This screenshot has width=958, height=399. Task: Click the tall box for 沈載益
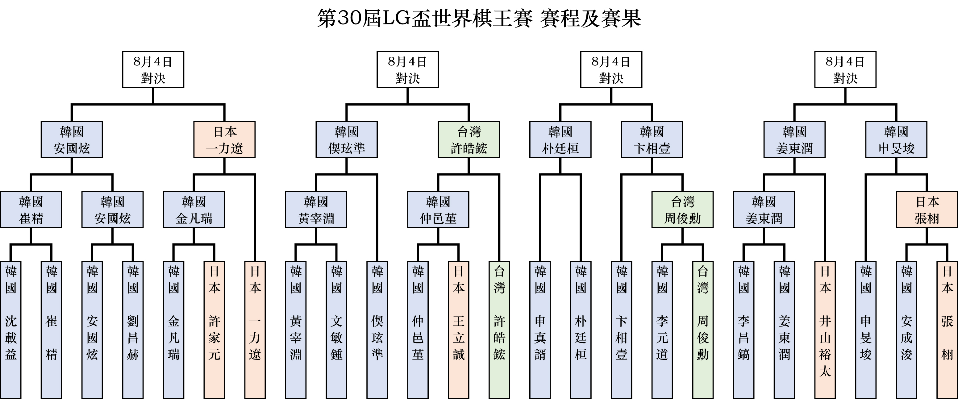(11, 330)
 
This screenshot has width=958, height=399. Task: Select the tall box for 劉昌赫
(133, 330)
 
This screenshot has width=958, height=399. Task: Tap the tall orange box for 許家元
(214, 330)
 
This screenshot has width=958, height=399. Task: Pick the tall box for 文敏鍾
(336, 330)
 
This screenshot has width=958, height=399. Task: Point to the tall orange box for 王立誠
(459, 330)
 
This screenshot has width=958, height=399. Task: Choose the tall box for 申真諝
(540, 330)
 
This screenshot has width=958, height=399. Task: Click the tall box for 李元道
(662, 330)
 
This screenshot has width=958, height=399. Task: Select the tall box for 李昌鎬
(743, 330)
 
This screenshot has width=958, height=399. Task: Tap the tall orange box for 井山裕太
(825, 330)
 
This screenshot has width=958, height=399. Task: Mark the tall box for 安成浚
(906, 330)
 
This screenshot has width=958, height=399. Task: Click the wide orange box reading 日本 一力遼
(224, 139)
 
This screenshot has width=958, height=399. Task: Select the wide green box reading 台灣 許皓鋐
(469, 139)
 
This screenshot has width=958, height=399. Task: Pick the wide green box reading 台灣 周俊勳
(682, 209)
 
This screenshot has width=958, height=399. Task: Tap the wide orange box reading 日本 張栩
(927, 209)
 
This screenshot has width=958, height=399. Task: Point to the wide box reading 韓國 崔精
(31, 209)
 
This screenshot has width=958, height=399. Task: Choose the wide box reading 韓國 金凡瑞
(194, 209)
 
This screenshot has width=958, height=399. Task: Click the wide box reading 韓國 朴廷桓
(560, 139)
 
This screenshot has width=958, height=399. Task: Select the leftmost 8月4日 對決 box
(153, 69)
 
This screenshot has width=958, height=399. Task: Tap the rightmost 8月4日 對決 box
(845, 69)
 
